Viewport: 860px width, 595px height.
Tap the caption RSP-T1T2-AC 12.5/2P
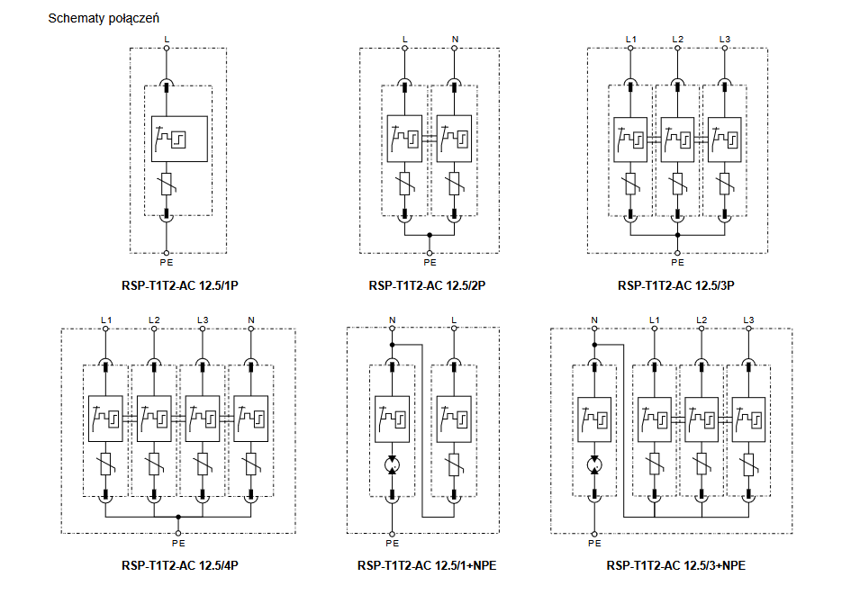[x=429, y=286]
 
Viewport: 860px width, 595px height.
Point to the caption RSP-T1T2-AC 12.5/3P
[x=677, y=286]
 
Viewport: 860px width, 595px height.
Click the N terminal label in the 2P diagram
[x=455, y=39]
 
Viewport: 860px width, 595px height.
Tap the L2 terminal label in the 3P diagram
[x=677, y=39]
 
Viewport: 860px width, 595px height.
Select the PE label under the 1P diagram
[x=167, y=263]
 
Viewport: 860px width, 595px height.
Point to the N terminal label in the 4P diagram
[x=250, y=320]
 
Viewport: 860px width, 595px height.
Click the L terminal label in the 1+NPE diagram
[x=453, y=320]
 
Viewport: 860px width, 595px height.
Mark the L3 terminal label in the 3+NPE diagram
[x=747, y=320]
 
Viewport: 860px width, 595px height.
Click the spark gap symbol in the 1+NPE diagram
[x=392, y=465]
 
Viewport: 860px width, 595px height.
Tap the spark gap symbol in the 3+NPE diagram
[x=594, y=465]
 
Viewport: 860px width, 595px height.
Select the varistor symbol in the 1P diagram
[x=167, y=185]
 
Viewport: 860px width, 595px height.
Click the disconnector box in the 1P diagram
[x=179, y=139]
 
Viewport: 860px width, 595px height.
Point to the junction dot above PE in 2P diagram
[x=430, y=234]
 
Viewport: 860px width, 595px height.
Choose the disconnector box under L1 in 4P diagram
[x=105, y=419]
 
